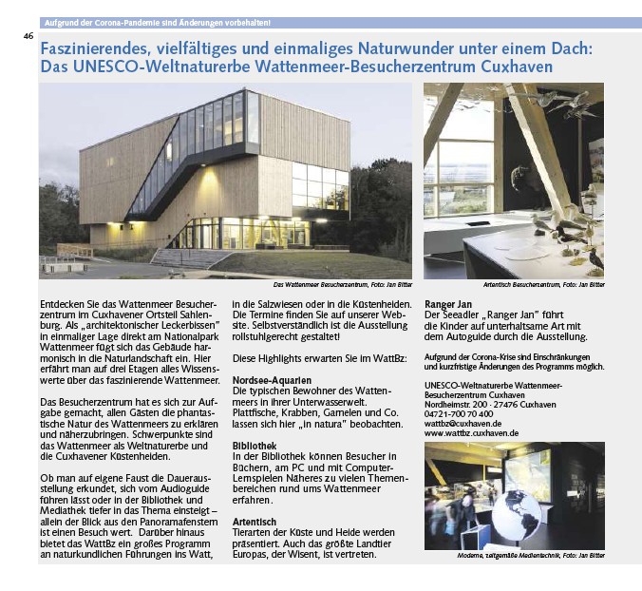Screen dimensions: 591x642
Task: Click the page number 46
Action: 28,36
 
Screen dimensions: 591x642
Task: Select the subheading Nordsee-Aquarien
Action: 270,379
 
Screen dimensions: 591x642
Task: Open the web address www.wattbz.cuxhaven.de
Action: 471,433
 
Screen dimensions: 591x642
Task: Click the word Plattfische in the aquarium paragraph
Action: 255,411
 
